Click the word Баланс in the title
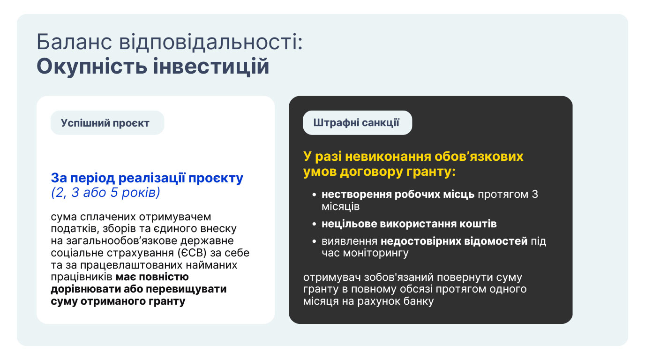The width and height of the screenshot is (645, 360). coord(74,42)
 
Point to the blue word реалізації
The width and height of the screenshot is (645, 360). coord(152,178)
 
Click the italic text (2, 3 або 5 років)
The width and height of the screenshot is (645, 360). coord(105,192)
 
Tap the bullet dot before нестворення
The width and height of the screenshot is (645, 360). coord(314,195)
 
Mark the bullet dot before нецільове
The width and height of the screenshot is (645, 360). coord(314,224)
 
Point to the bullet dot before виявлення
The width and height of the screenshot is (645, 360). coord(314,241)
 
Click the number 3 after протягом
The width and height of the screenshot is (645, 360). coord(535,195)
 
